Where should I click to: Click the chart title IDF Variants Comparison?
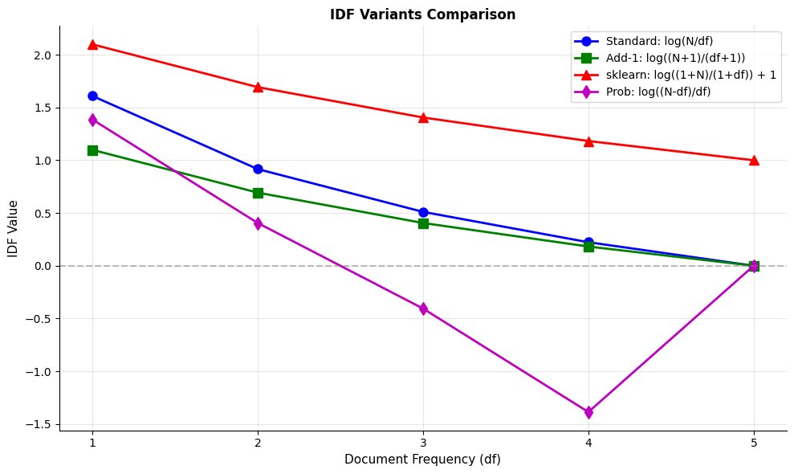click(x=422, y=14)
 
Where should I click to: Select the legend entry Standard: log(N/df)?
click(x=658, y=41)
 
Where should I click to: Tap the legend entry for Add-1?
click(x=674, y=58)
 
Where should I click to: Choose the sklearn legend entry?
click(x=690, y=75)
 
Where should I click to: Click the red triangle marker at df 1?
click(x=92, y=44)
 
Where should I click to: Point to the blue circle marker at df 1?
click(x=92, y=96)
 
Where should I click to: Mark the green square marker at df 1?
click(x=92, y=150)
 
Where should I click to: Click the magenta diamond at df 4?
click(x=588, y=412)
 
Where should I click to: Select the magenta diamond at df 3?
click(x=423, y=309)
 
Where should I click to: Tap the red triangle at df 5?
click(x=754, y=160)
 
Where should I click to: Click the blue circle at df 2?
click(x=258, y=169)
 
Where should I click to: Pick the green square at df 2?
click(x=258, y=193)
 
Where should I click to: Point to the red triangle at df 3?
click(x=423, y=117)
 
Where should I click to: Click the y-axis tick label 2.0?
click(x=42, y=55)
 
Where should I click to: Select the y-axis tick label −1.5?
click(x=38, y=424)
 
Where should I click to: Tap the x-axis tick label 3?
click(x=423, y=443)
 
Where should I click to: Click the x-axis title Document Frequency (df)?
click(x=422, y=460)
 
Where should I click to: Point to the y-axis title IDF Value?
click(x=13, y=228)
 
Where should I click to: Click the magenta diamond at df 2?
click(x=258, y=223)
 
